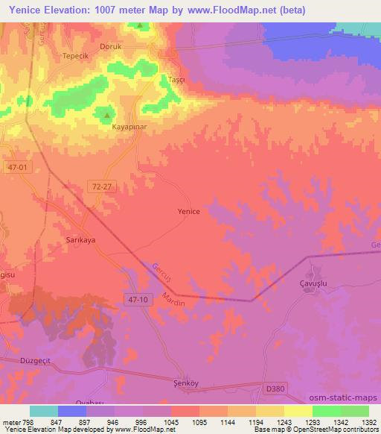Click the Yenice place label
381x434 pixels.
(188, 212)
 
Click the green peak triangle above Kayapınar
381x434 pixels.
(107, 116)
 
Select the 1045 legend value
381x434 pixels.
(171, 421)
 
